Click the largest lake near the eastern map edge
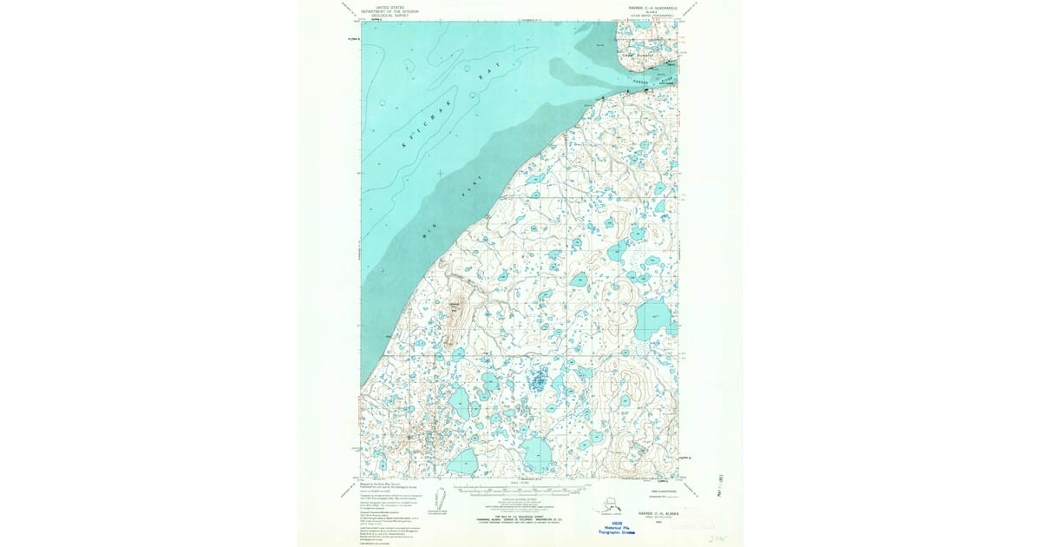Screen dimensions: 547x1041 pos(655,319)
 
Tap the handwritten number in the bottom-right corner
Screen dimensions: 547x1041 pos(717,539)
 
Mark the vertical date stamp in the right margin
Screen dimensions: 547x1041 pos(722,487)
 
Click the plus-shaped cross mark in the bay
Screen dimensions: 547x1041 pos(441,174)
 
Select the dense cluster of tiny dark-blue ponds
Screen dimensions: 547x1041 pos(539,379)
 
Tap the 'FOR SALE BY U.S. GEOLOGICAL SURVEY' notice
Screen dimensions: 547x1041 pos(520,516)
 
